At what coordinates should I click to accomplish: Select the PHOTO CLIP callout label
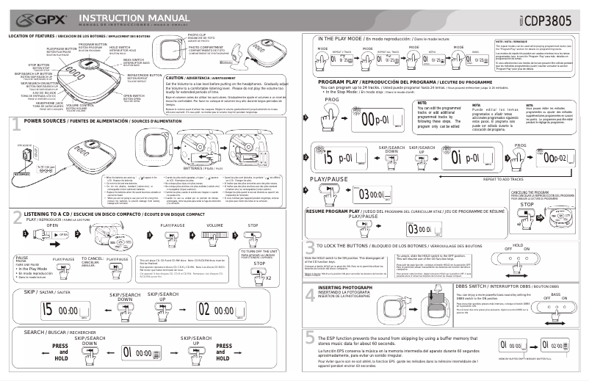tap(197, 35)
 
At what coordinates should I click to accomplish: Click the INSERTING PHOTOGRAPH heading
tap(341, 287)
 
